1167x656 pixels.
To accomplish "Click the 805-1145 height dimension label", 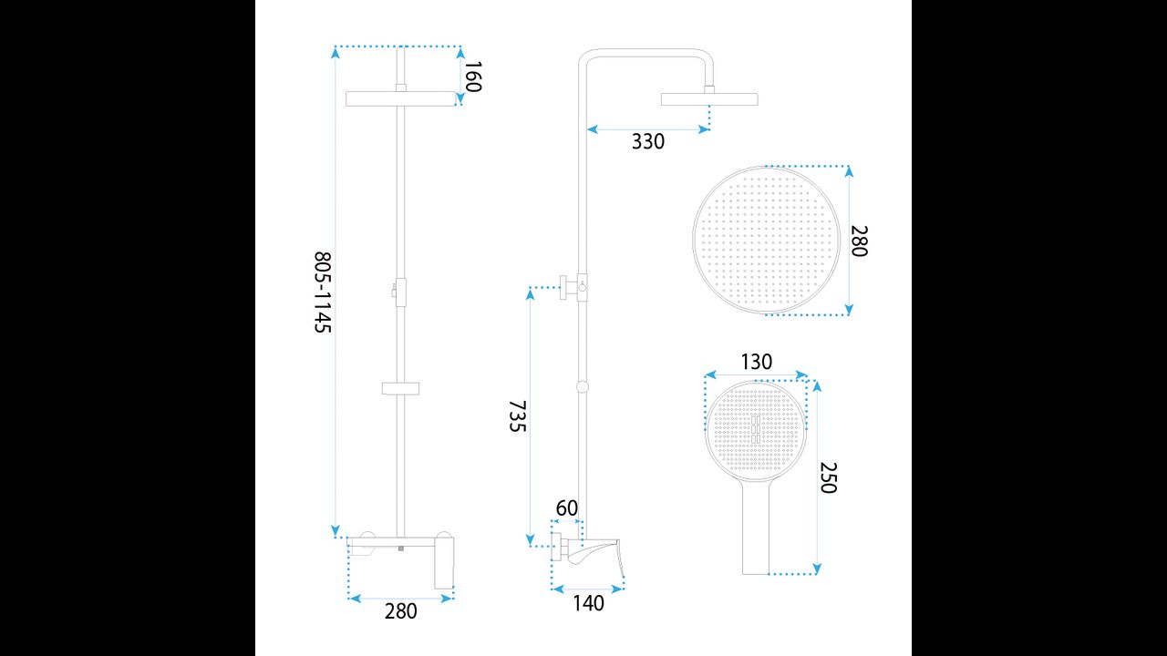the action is pos(323,292).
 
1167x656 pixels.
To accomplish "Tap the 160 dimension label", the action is pos(473,77).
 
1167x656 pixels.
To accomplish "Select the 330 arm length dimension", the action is pos(648,141).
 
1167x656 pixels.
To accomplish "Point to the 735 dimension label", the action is pos(517,416).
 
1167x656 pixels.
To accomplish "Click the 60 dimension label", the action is pos(567,508).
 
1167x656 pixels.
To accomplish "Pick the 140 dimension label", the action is pos(589,603).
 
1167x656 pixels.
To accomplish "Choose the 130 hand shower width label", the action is pos(757,362).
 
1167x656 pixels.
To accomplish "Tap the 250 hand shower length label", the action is pos(829,477).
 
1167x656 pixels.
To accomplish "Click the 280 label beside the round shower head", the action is pos(859,241).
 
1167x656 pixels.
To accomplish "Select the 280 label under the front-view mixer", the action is pos(400,611).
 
